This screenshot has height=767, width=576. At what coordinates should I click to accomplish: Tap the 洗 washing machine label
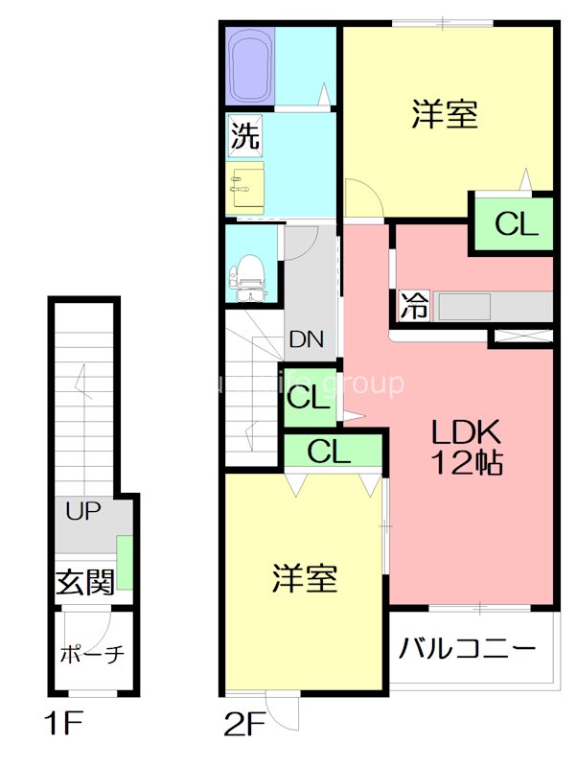point(243,136)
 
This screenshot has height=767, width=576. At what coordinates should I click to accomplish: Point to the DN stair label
point(307,338)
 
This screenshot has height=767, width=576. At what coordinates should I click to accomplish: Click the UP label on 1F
point(83,511)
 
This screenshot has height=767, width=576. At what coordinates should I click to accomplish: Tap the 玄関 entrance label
point(84,581)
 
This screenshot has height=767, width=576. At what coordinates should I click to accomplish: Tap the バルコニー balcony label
point(467,649)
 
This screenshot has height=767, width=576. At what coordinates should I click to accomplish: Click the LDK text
point(465,430)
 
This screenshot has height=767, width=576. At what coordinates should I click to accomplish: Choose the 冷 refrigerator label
point(414,307)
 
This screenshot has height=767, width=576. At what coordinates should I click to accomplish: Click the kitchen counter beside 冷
point(493,307)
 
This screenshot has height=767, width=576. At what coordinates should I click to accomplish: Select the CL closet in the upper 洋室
point(516,224)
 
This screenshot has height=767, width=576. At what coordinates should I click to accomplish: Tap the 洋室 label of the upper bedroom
point(445,115)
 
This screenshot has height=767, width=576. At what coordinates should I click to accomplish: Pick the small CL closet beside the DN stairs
point(309,397)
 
